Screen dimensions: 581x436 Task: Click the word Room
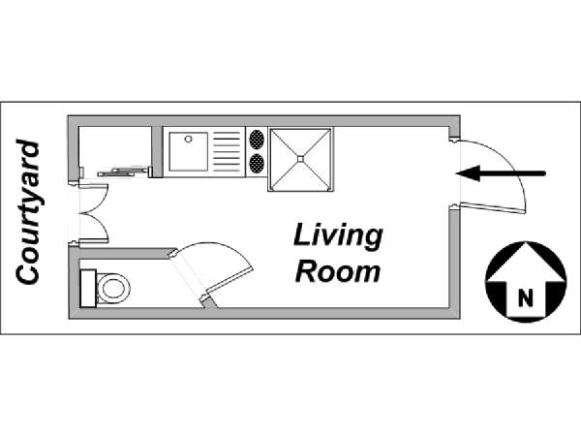[338, 271]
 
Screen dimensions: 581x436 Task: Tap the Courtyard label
[27, 212]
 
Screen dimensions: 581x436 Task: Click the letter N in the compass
[526, 297]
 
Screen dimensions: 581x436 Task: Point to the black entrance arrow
[501, 173]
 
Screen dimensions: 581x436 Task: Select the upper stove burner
[257, 140]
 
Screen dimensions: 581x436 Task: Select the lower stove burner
[257, 164]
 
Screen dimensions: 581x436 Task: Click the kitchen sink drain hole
[188, 140]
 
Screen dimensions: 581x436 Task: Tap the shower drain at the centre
[300, 159]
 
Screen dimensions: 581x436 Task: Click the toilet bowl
[113, 289]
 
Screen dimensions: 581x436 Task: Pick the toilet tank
[88, 289]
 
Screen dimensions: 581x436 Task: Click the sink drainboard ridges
[227, 152]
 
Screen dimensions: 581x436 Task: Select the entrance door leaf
[492, 208]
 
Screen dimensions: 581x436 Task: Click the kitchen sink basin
[188, 152]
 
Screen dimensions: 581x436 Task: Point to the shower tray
[300, 159]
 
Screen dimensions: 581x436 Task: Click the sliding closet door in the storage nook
[121, 171]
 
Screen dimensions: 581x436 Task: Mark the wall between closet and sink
[157, 152]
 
